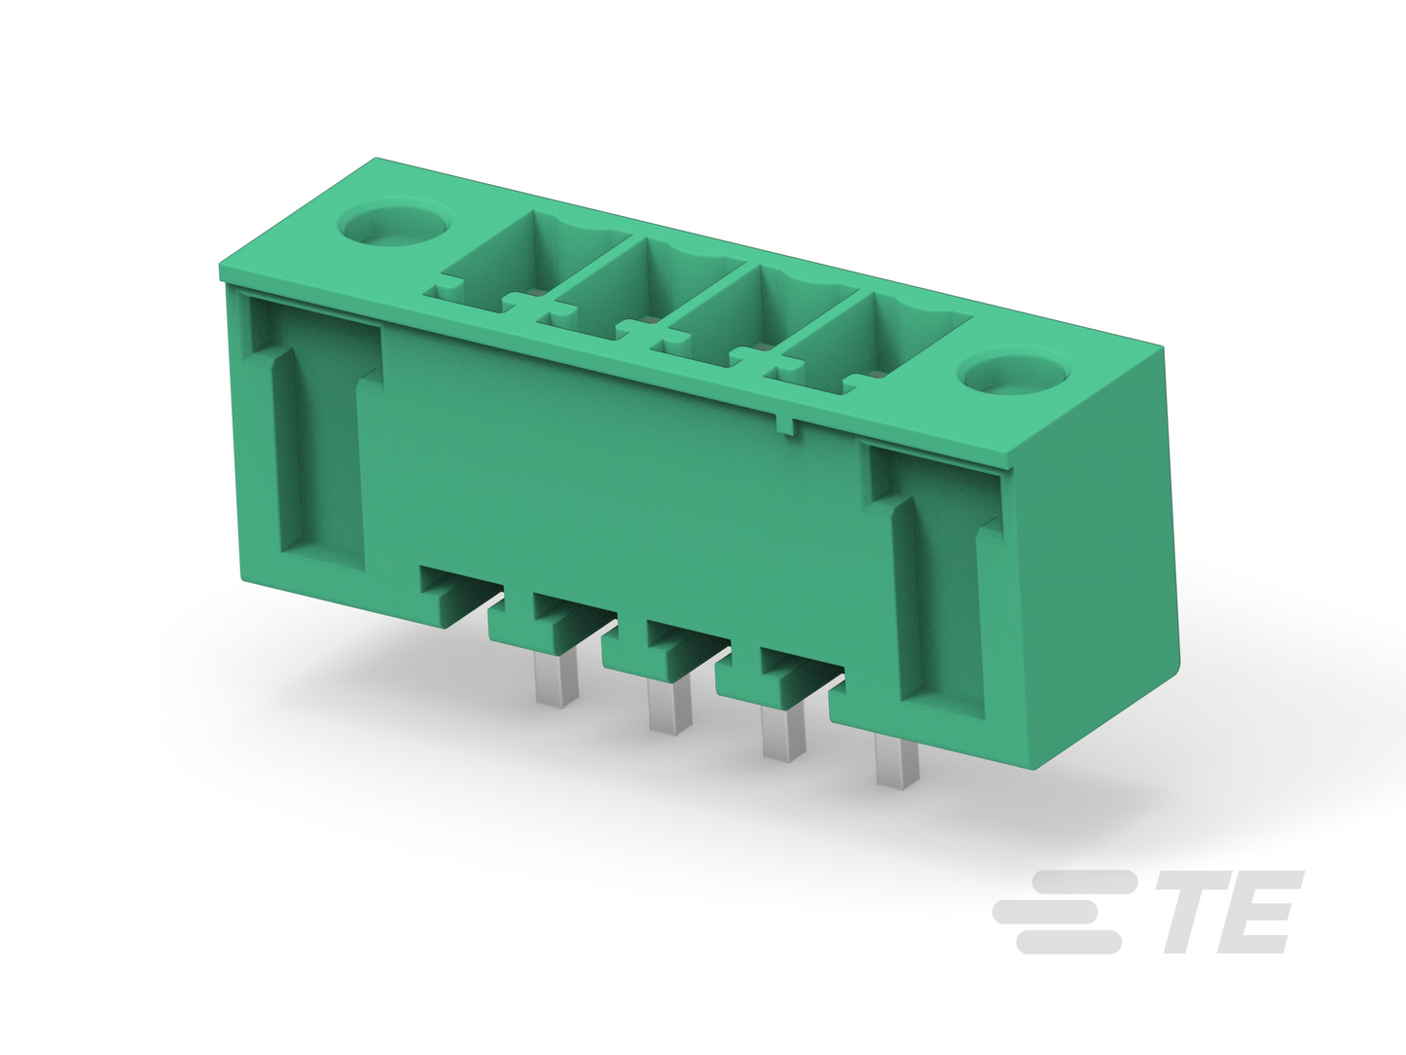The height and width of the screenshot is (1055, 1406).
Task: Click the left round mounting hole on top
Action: click(x=395, y=225)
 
